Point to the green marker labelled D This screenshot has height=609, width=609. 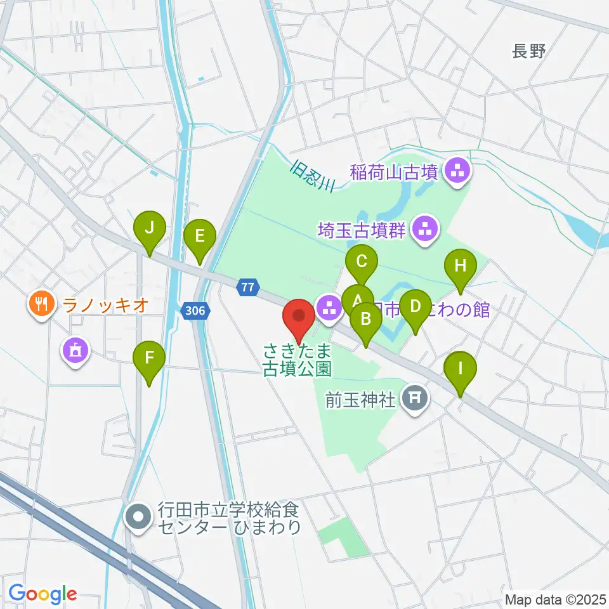(x=416, y=308)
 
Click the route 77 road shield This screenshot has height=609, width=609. (x=247, y=288)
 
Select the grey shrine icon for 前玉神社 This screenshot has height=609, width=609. (x=416, y=398)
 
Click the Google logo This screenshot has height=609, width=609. (x=43, y=594)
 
